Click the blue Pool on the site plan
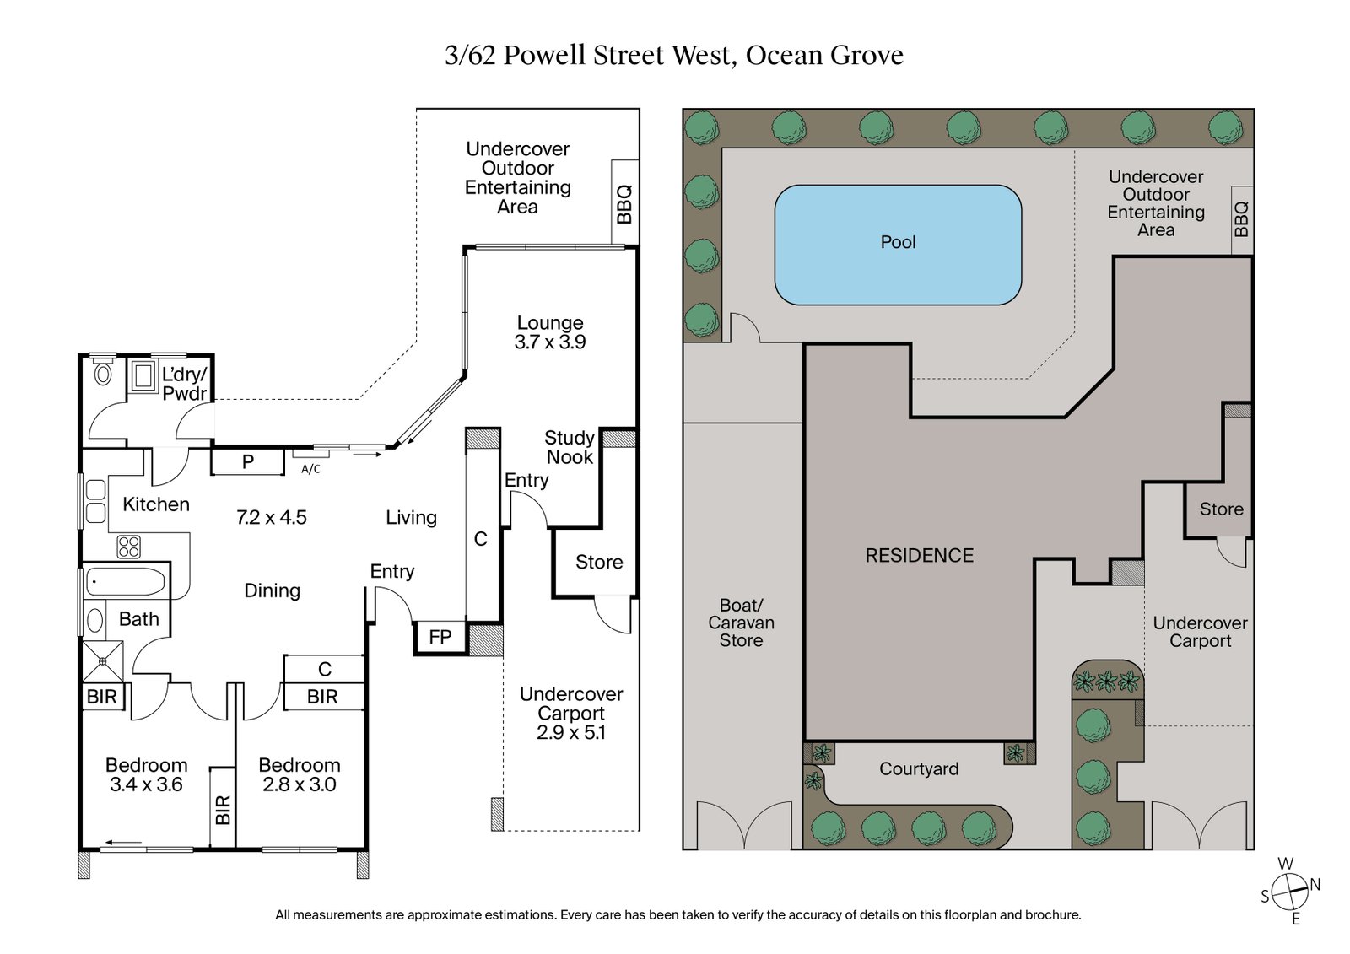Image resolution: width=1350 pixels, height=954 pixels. coord(898,245)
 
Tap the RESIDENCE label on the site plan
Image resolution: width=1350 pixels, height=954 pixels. coord(919,555)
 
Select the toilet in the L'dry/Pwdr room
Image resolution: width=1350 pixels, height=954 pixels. coord(103,374)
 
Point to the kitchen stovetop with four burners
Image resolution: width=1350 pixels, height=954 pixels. coord(128,547)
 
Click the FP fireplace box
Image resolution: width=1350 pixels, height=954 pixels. coord(440,637)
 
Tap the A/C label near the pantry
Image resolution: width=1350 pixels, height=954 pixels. coord(310,469)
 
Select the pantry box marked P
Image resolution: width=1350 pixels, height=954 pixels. coord(247,461)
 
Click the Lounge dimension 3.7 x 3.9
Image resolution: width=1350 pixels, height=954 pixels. coord(550,342)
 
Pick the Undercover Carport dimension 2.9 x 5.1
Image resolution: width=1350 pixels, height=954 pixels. coord(571,732)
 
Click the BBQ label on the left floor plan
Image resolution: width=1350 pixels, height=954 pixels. coord(624,203)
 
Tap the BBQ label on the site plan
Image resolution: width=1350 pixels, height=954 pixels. coord(1241,218)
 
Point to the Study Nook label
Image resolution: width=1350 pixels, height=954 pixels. coord(570,447)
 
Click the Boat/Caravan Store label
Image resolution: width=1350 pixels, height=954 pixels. coord(741,623)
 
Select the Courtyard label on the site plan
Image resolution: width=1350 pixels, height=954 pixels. coord(919,768)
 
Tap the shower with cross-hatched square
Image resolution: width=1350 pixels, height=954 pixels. coord(102,661)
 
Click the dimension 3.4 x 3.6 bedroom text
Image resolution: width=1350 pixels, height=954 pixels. coord(146,784)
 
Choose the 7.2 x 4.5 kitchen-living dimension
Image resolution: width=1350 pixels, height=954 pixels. coord(271,517)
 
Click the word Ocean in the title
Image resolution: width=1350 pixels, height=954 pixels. coord(784,55)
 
